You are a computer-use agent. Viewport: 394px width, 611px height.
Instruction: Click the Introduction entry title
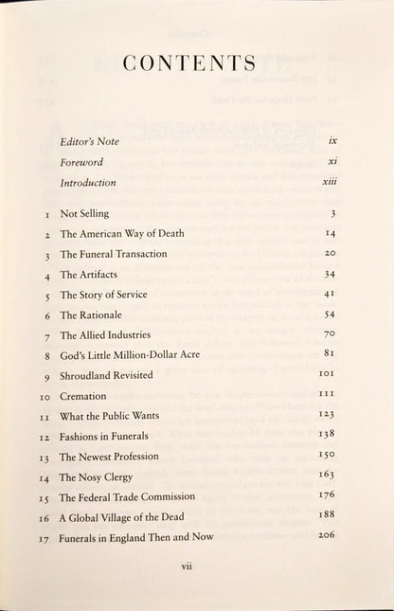(x=87, y=182)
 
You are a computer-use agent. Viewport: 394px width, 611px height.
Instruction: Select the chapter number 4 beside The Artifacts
(x=45, y=276)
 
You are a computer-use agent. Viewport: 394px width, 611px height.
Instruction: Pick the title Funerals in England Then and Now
(x=135, y=537)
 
